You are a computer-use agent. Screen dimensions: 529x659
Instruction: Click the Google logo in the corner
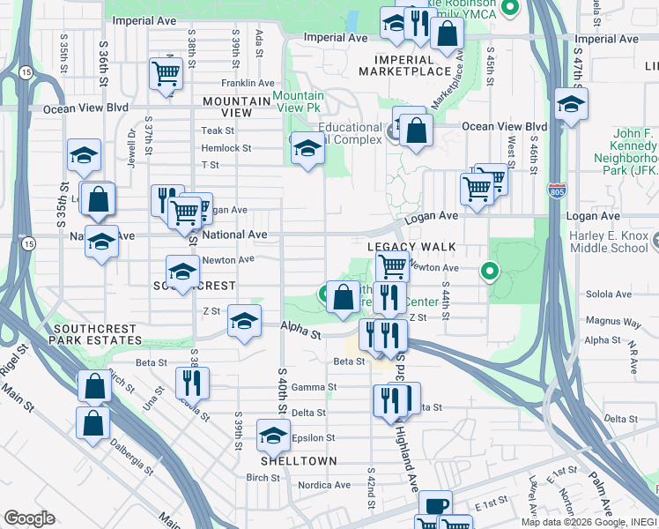[x=29, y=518]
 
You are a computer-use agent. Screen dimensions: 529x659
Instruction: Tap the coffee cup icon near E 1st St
[x=434, y=506]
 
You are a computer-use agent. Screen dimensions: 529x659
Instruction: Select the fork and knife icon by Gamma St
[x=191, y=382]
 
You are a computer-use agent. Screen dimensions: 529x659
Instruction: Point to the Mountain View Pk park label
[x=298, y=101]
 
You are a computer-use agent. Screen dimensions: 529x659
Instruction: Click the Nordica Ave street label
[x=323, y=485]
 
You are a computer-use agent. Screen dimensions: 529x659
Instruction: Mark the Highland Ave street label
[x=408, y=458]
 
